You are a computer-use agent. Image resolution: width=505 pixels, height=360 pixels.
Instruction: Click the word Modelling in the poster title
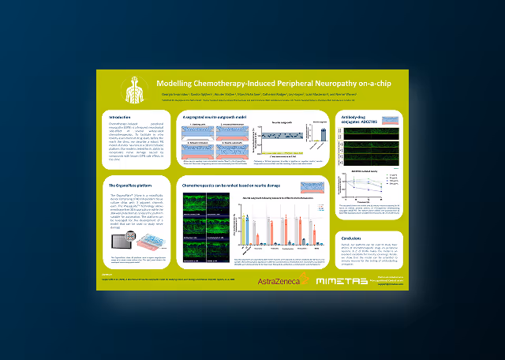175,84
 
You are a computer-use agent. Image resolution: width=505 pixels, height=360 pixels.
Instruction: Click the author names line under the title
260,93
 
